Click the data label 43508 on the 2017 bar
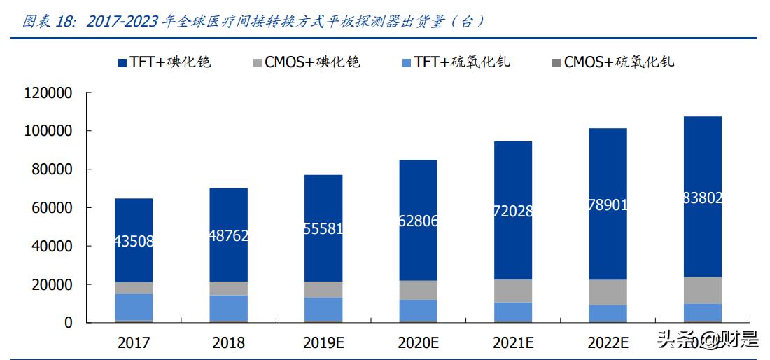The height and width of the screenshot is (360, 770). (134, 242)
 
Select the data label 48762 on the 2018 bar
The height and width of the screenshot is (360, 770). (228, 235)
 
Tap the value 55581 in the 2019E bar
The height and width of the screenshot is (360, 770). (323, 228)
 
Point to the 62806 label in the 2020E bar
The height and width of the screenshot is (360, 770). (418, 221)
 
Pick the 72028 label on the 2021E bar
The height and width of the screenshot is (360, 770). (512, 212)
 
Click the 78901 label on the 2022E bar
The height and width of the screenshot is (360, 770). (608, 205)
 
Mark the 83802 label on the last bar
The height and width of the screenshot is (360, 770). (702, 198)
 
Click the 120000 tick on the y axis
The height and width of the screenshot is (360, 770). (48, 93)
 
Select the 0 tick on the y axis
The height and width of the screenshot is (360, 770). (69, 323)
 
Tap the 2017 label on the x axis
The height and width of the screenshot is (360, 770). (134, 342)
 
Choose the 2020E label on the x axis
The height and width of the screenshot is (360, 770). (418, 342)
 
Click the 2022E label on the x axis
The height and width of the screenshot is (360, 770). (608, 342)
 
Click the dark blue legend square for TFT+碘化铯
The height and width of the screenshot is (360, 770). (122, 63)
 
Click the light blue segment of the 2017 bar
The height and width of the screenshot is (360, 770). (134, 307)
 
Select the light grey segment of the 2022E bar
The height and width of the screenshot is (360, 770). (608, 292)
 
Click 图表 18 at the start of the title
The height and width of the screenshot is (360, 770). (48, 22)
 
